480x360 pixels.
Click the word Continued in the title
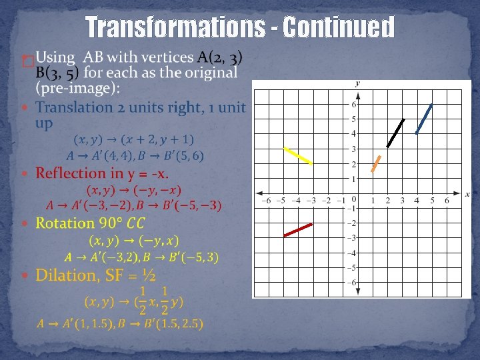[x=339, y=28]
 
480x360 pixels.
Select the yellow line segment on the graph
[x=298, y=155]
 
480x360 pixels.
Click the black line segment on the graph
[x=395, y=133]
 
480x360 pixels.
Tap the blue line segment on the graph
[x=424, y=119]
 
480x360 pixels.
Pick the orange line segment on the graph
[x=376, y=164]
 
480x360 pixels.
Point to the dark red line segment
[x=298, y=230]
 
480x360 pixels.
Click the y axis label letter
[x=358, y=83]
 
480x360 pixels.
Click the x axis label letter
[x=467, y=193]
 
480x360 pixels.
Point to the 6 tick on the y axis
[x=353, y=105]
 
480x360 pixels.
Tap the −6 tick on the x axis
[x=266, y=200]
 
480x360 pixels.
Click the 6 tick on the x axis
[x=447, y=200]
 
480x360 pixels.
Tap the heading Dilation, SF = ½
[x=95, y=275]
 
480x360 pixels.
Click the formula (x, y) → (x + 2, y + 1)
[x=134, y=139]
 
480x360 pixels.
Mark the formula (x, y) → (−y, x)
[x=134, y=240]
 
